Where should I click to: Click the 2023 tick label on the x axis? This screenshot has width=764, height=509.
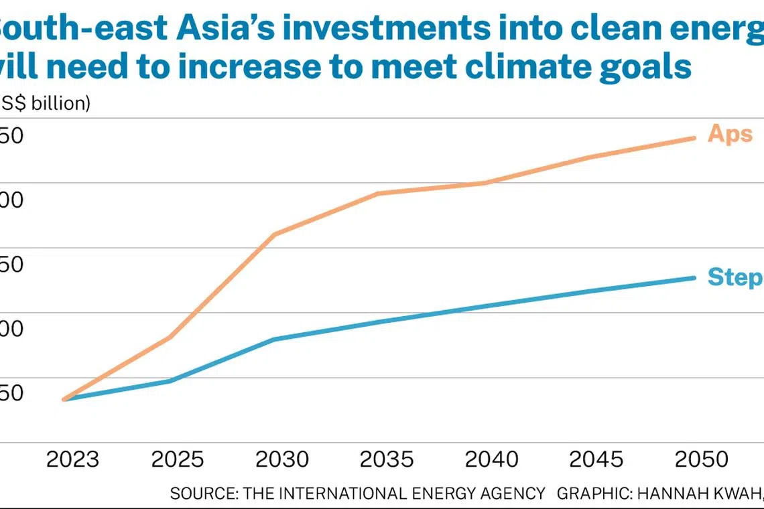pyautogui.click(x=73, y=459)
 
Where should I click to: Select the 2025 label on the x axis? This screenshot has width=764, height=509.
pyautogui.click(x=178, y=459)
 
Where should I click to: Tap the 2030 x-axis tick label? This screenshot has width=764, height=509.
pyautogui.click(x=282, y=459)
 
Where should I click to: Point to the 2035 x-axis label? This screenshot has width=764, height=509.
pyautogui.click(x=387, y=459)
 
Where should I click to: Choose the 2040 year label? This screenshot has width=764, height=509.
pyautogui.click(x=491, y=459)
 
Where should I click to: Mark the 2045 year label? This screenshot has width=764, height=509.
pyautogui.click(x=596, y=459)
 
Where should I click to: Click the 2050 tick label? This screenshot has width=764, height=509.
pyautogui.click(x=700, y=459)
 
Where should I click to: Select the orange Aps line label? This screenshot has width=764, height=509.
pyautogui.click(x=730, y=134)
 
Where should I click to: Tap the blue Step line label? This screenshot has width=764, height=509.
pyautogui.click(x=735, y=277)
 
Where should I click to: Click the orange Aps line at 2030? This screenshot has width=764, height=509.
pyautogui.click(x=275, y=234)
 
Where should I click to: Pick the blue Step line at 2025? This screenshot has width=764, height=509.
pyautogui.click(x=170, y=381)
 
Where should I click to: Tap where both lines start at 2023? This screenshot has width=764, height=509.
pyautogui.click(x=64, y=399)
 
